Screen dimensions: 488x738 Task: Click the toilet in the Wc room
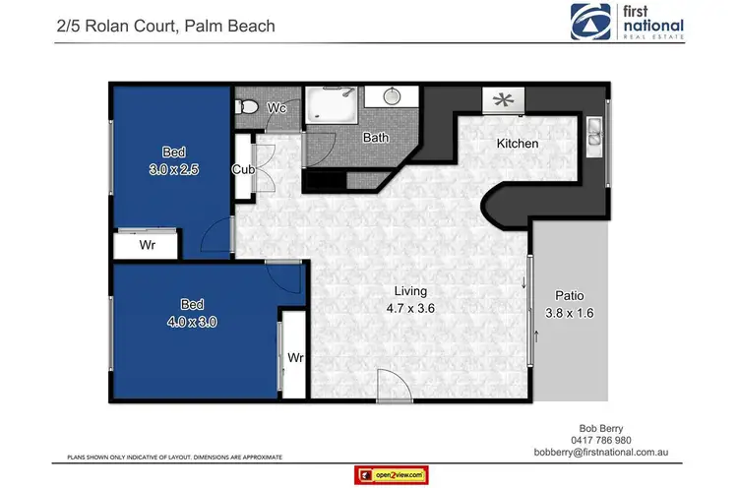[248, 107]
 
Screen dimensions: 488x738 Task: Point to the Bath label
[376, 138]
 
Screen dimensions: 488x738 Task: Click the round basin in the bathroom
[390, 97]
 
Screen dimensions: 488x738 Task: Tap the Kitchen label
[517, 144]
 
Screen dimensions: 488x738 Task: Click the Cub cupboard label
[243, 169]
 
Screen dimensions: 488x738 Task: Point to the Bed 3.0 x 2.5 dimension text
[173, 169]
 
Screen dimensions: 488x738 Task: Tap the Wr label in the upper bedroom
[147, 243]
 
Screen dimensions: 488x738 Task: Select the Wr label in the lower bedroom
[293, 358]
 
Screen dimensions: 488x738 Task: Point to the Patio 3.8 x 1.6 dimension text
[571, 305]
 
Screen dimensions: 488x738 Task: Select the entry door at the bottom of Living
[391, 386]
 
